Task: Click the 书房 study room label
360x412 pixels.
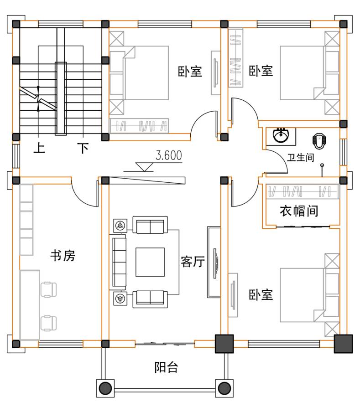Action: pyautogui.click(x=63, y=255)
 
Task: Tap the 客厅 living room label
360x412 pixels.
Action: pyautogui.click(x=193, y=262)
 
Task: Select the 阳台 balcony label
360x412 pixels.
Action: pyautogui.click(x=166, y=367)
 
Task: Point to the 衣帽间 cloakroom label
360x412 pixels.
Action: pyautogui.click(x=299, y=211)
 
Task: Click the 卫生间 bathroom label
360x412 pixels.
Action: pyautogui.click(x=301, y=158)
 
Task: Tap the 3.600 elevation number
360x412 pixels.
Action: pyautogui.click(x=168, y=155)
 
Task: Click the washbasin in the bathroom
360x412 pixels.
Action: pyautogui.click(x=281, y=135)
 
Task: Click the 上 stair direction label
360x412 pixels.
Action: pyautogui.click(x=39, y=148)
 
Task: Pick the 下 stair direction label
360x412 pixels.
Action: pyautogui.click(x=83, y=148)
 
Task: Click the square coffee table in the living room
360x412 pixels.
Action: pyautogui.click(x=150, y=262)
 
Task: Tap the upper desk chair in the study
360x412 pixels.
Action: pyautogui.click(x=49, y=289)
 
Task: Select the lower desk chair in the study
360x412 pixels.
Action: pyautogui.click(x=49, y=323)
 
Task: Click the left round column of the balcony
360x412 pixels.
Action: pyautogui.click(x=105, y=388)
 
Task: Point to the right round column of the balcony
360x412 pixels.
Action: pyautogui.click(x=224, y=388)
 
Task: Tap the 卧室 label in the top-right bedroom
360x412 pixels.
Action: pyautogui.click(x=261, y=71)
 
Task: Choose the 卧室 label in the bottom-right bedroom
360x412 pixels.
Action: pyautogui.click(x=261, y=294)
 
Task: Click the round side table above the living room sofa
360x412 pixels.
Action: pyautogui.click(x=120, y=226)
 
